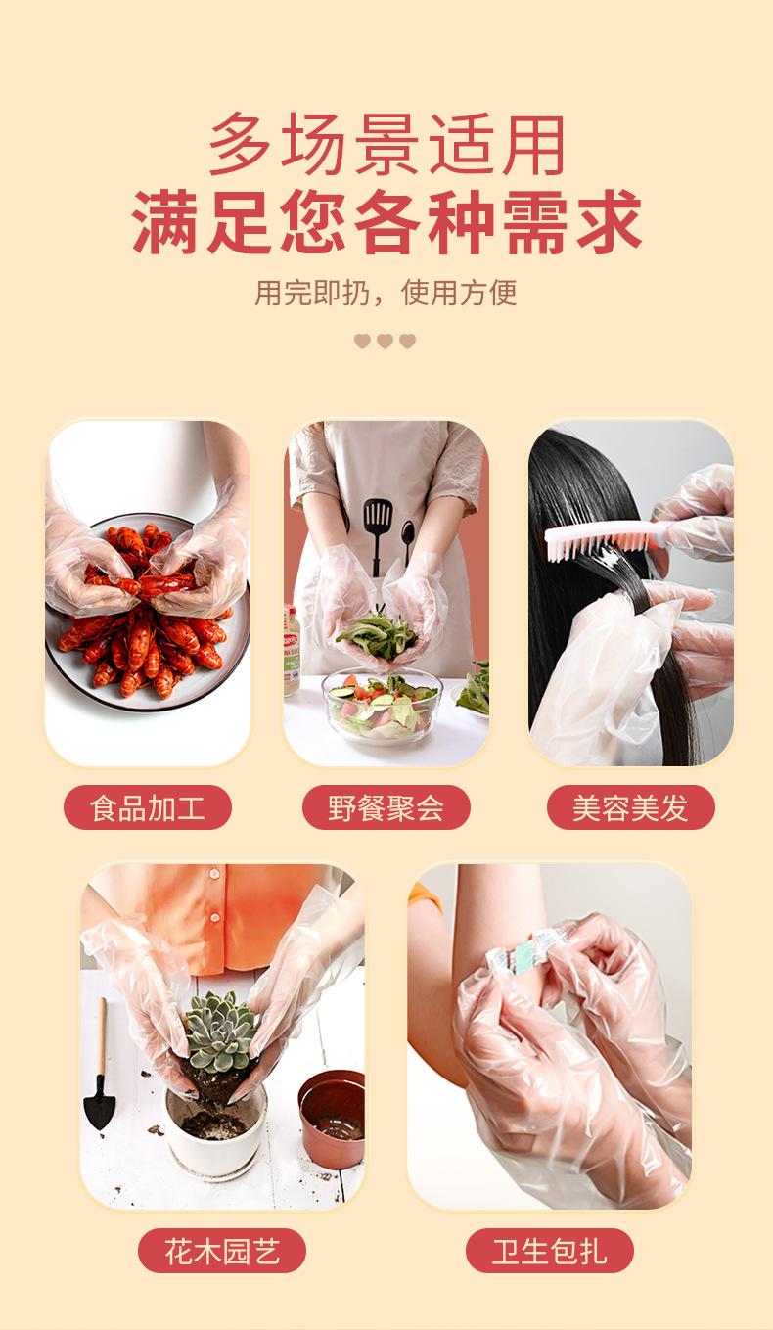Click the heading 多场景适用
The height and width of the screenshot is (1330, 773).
[386, 144]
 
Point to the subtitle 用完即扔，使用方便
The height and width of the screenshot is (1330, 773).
[386, 293]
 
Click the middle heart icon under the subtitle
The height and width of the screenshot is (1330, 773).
[385, 341]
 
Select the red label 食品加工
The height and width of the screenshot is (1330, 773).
[147, 807]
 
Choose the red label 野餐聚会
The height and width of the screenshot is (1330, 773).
[386, 807]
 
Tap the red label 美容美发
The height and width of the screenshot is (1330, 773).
[630, 807]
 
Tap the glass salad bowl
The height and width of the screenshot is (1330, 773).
[383, 705]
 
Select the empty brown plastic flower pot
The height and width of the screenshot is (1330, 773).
[333, 1118]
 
